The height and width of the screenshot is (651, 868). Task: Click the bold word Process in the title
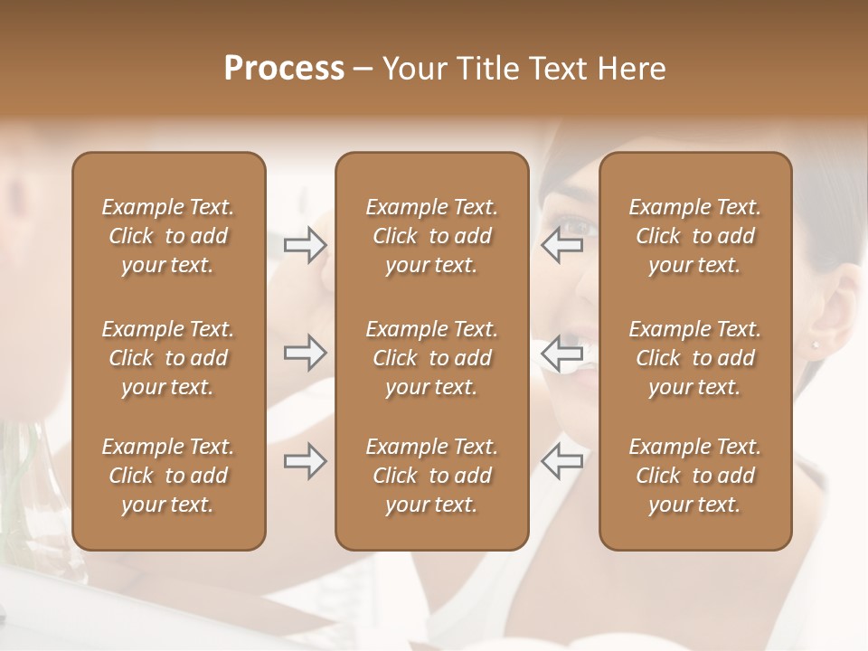284,69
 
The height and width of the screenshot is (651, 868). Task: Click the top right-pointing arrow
306,245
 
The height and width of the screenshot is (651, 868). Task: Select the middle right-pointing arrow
306,353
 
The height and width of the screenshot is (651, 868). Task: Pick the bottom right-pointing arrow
306,461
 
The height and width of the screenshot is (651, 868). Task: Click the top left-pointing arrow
562,245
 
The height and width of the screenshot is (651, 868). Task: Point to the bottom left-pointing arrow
562,461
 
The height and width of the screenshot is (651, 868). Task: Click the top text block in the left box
168,236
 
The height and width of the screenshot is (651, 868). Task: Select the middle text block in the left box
168,358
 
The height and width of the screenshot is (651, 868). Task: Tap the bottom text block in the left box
168,476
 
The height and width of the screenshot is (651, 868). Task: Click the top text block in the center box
432,236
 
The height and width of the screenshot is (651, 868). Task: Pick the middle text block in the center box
432,358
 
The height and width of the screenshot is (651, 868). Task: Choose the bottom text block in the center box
432,476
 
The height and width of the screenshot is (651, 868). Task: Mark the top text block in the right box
695,236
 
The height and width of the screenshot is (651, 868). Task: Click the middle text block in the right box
695,358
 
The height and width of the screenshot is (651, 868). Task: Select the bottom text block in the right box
695,476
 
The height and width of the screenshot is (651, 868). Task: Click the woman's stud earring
816,344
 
